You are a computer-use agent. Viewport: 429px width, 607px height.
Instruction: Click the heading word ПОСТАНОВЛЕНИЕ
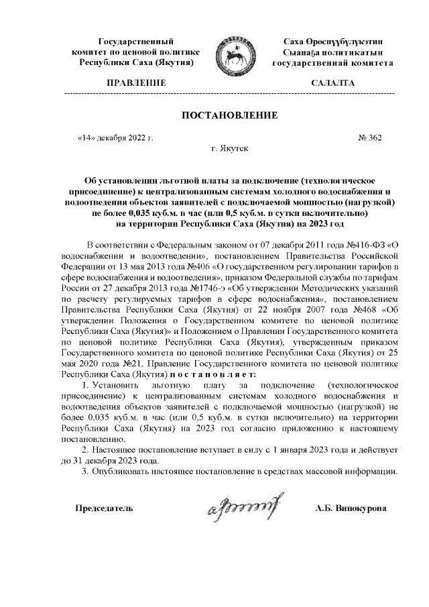coord(229,115)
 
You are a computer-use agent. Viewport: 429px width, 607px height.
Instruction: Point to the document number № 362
coord(370,138)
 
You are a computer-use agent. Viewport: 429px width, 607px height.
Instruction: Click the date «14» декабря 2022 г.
coord(116,138)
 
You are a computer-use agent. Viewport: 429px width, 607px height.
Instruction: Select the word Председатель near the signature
coord(104,508)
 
